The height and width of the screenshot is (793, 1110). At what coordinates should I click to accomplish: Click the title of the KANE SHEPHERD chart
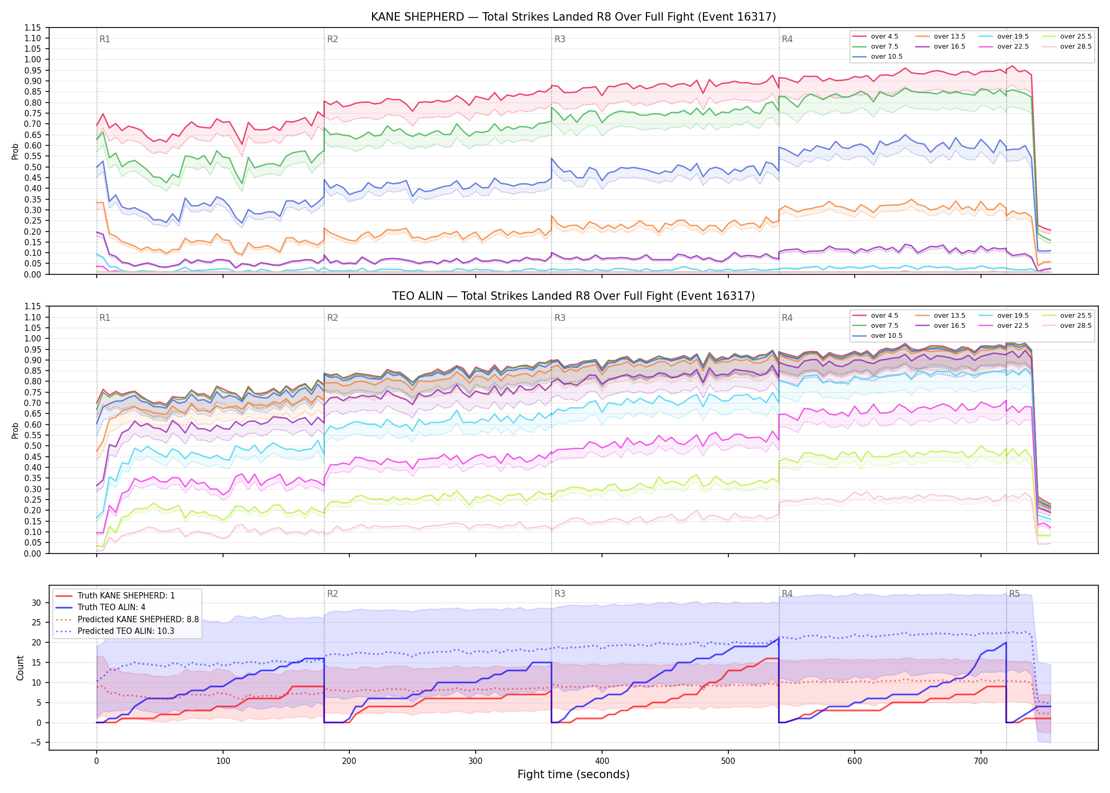[573, 17]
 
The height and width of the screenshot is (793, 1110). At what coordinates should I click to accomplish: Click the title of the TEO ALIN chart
[573, 296]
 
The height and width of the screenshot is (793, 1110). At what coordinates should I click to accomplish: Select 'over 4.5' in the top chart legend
[884, 36]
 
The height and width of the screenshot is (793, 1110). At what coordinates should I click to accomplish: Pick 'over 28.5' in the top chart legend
[1076, 47]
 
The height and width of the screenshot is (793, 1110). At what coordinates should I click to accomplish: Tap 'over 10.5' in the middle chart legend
[886, 336]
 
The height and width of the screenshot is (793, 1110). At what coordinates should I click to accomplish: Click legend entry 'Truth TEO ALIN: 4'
[112, 607]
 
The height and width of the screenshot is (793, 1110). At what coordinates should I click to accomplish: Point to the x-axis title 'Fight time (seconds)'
[573, 774]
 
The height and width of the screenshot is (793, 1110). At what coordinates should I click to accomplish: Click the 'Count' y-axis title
[21, 668]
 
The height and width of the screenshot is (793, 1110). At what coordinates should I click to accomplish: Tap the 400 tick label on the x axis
[602, 761]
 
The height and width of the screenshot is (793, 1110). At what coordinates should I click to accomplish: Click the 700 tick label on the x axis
[981, 761]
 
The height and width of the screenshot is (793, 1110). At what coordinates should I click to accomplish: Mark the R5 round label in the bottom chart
[1015, 594]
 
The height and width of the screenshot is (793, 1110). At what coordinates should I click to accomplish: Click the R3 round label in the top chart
[560, 39]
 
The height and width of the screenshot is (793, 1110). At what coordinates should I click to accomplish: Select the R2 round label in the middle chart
[332, 318]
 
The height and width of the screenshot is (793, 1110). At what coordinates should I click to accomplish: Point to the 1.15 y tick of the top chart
[32, 27]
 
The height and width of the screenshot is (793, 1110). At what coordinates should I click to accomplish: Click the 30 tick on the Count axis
[36, 603]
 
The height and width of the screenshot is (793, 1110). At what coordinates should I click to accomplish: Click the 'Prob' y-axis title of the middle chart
[15, 430]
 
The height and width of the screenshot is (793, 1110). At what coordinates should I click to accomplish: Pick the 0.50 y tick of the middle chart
[32, 446]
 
